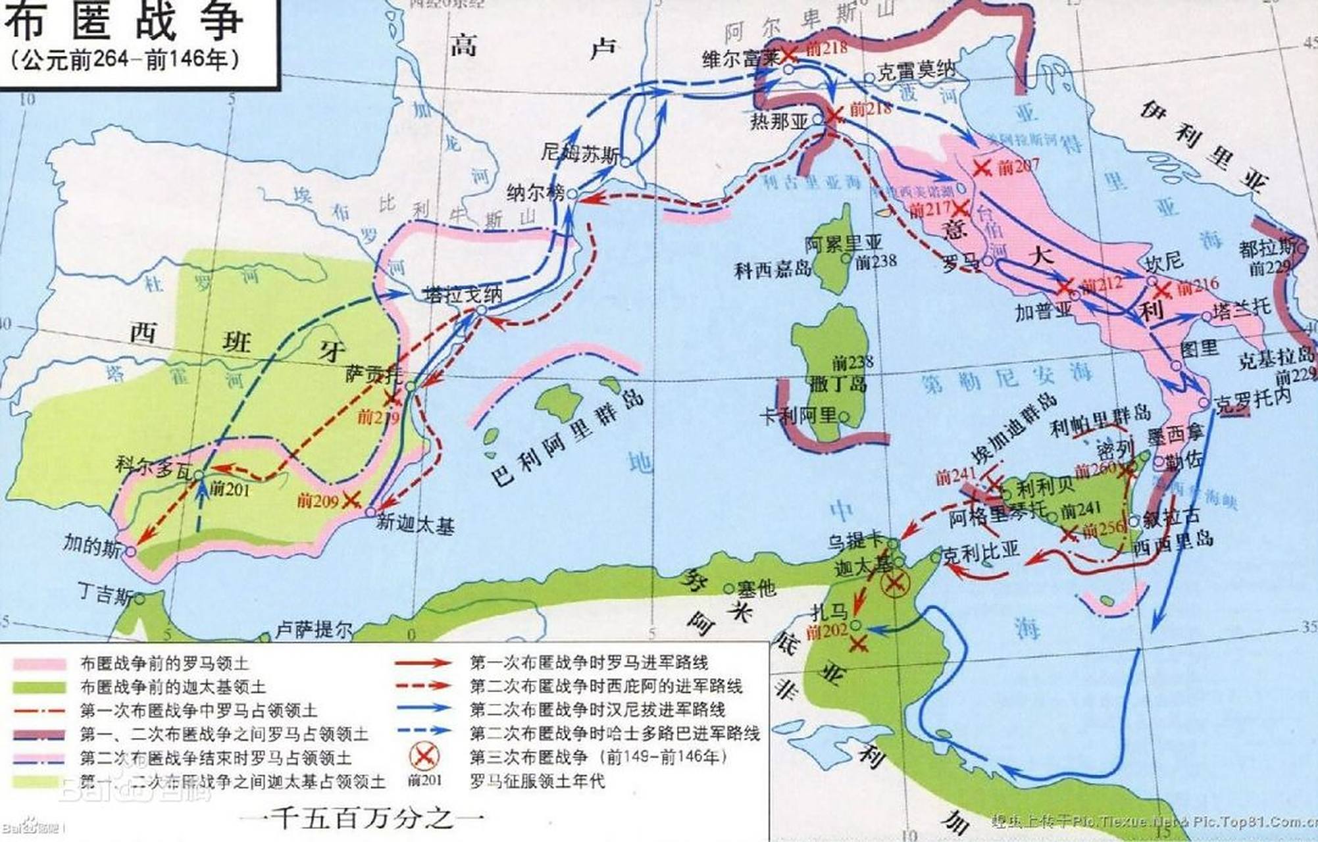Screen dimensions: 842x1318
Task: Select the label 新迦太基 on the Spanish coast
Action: click(415, 524)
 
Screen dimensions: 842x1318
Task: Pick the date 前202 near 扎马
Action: click(826, 631)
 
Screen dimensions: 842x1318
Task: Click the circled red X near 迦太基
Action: click(895, 582)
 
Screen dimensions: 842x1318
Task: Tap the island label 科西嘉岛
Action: click(773, 269)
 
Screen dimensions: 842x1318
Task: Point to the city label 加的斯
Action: click(92, 545)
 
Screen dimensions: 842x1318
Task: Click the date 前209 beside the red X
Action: click(318, 501)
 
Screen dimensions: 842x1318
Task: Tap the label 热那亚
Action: click(778, 122)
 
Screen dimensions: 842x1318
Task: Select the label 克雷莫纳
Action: click(916, 71)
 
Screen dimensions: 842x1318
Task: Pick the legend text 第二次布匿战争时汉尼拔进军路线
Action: click(597, 710)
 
